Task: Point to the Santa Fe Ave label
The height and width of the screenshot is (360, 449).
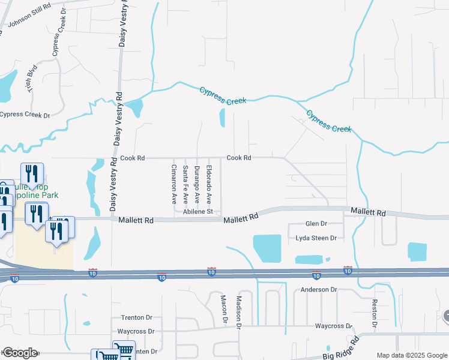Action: (185, 184)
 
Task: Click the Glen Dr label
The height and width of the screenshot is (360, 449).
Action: (316, 223)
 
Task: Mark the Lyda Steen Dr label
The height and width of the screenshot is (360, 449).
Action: (316, 238)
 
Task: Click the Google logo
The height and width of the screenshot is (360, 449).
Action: (19, 353)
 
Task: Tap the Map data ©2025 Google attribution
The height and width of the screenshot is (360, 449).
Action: (411, 355)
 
